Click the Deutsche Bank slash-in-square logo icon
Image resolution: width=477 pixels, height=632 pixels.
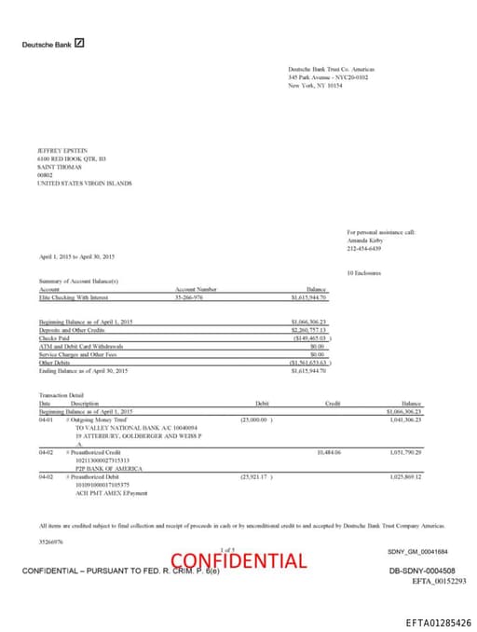[x=80, y=43]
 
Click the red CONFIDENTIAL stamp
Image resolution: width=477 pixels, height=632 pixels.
[x=238, y=561]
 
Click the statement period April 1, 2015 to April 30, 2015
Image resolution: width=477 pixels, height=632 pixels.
[x=76, y=256]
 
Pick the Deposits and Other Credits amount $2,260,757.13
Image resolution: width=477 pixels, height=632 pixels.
[x=309, y=329]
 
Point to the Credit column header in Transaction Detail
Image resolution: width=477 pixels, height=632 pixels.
[x=332, y=403]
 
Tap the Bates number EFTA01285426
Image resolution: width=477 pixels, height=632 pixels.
[x=438, y=622]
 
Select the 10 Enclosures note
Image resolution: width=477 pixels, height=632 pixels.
[x=365, y=272]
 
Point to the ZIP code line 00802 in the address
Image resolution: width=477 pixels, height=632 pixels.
[x=45, y=175]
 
